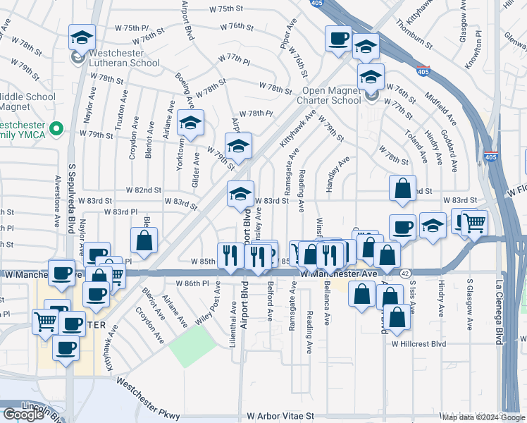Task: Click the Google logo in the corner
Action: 23,415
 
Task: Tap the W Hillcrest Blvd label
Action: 420,343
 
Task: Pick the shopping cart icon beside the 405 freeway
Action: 474,223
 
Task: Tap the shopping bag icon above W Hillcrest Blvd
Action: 397,319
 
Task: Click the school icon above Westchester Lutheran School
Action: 82,37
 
